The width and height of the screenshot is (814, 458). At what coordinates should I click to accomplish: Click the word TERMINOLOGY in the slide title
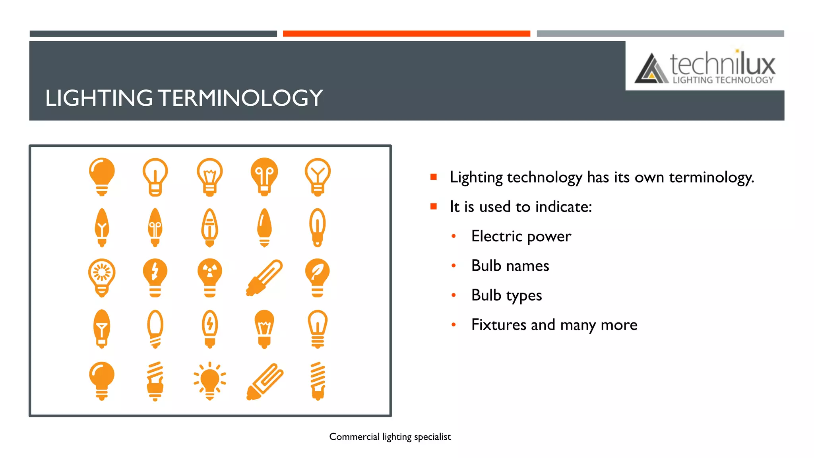click(240, 98)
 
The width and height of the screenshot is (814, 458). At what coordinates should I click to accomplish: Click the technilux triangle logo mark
click(651, 69)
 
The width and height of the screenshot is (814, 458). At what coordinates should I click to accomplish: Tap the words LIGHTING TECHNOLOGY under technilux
click(723, 80)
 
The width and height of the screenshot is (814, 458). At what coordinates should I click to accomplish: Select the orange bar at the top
click(406, 34)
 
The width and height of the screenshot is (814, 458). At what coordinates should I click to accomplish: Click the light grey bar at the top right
click(660, 34)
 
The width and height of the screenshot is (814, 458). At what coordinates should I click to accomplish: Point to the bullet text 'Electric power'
click(521, 236)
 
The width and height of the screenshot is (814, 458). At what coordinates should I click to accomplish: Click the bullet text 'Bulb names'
click(510, 266)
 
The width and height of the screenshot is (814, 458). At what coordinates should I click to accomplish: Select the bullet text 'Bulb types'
click(506, 295)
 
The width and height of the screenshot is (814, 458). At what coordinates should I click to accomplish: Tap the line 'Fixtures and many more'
click(554, 325)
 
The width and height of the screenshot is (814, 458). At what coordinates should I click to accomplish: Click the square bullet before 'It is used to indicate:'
click(434, 206)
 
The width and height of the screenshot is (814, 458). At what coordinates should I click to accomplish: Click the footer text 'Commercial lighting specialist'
click(390, 437)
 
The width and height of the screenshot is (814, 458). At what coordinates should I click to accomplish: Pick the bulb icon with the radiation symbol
click(210, 278)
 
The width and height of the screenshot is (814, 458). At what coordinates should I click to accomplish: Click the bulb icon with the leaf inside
click(317, 278)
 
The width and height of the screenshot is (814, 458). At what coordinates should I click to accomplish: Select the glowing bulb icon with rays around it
click(210, 381)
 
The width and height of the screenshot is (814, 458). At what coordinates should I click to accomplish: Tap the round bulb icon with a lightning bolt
click(155, 278)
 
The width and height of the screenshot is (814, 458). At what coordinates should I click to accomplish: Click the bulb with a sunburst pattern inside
click(102, 278)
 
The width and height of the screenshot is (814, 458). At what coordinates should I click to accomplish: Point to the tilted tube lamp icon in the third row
click(264, 278)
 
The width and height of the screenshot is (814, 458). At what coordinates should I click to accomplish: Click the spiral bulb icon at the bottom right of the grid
click(318, 381)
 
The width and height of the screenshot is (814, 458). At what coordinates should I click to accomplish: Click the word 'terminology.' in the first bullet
click(711, 177)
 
